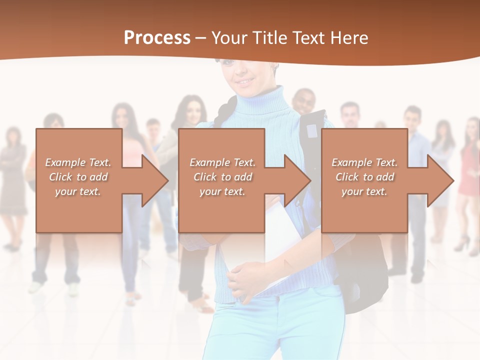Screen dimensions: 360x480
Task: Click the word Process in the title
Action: (157, 38)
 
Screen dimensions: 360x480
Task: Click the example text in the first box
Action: (78, 177)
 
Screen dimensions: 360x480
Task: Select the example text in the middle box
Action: (222, 177)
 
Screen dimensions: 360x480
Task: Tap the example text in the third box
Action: (364, 177)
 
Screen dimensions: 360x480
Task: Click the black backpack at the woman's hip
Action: (367, 280)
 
